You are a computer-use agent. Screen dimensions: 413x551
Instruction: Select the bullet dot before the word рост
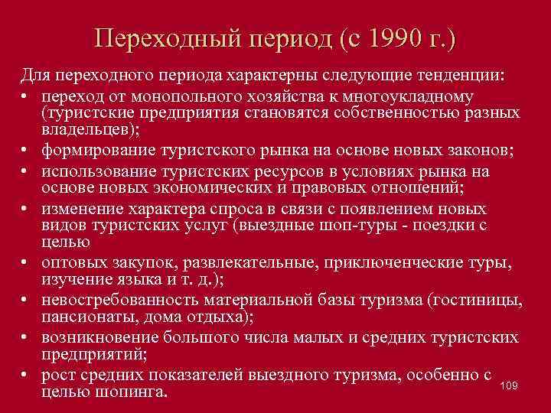pyautogui.click(x=25, y=375)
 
